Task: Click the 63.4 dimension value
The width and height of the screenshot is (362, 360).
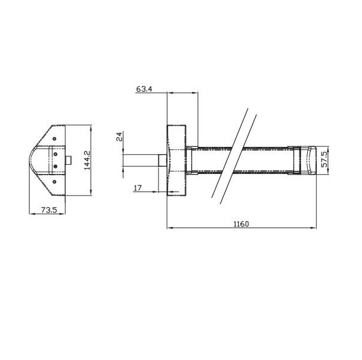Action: [x=145, y=88]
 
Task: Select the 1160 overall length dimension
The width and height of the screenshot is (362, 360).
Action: [x=241, y=223]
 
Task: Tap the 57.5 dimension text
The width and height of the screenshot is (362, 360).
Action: [x=325, y=160]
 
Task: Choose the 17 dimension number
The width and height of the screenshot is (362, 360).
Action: [x=137, y=188]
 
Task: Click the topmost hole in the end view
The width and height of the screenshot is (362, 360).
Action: [x=55, y=138]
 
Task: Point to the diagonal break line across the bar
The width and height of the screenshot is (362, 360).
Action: [x=231, y=153]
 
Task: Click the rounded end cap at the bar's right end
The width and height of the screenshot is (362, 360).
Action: [x=307, y=160]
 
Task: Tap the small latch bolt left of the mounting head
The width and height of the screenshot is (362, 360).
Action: [x=162, y=160]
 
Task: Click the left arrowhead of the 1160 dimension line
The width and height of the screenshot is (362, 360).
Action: [x=169, y=228]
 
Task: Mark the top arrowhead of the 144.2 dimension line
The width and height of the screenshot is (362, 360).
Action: [x=90, y=128]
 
